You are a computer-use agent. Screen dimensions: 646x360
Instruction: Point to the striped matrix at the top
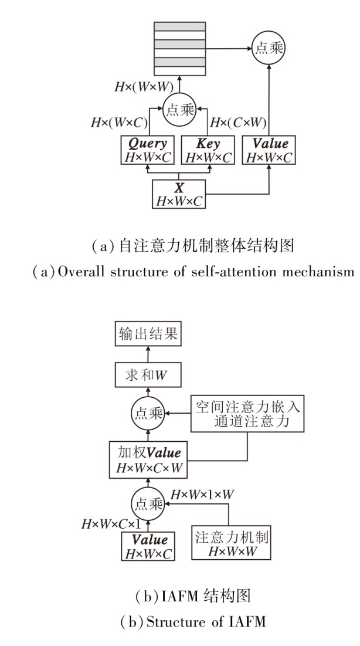tap(179, 49)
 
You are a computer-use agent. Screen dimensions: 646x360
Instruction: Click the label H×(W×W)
tap(142, 86)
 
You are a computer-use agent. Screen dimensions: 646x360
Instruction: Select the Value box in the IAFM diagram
tap(147, 545)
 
